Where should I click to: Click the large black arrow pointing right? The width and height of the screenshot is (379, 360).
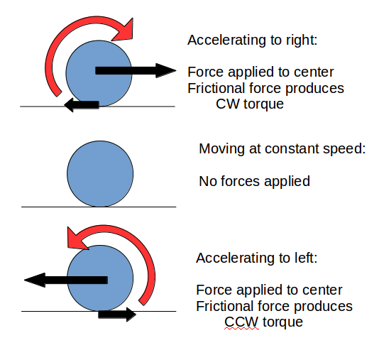click(135, 70)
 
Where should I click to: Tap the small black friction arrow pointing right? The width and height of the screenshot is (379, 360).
click(117, 314)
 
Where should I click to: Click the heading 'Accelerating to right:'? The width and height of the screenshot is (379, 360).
click(252, 40)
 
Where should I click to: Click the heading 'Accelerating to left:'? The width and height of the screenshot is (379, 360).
click(256, 257)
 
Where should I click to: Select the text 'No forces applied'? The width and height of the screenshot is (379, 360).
click(254, 181)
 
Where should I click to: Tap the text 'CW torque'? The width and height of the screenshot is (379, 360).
click(249, 104)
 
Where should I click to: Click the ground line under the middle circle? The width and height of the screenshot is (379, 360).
click(99, 207)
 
